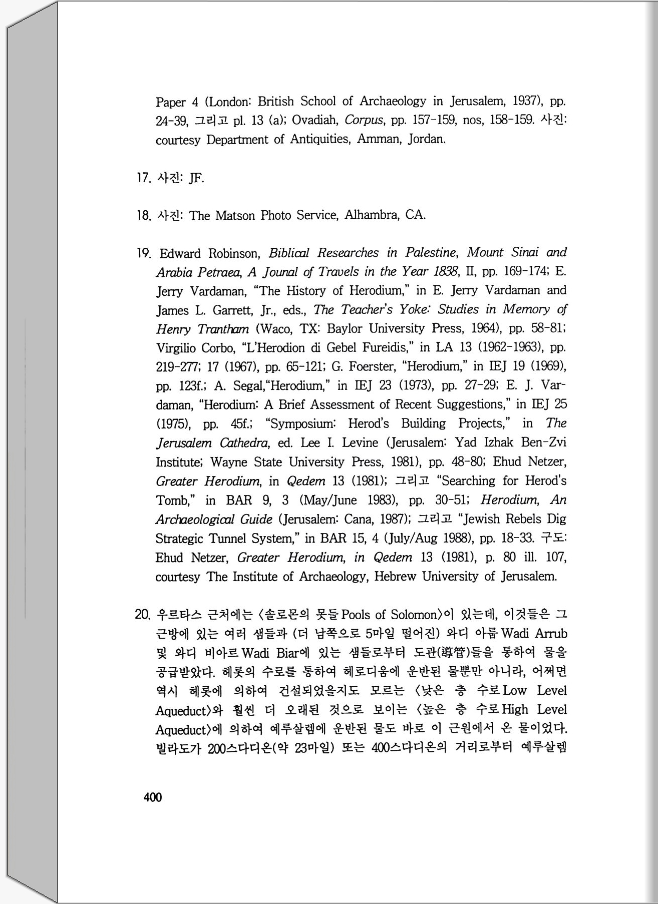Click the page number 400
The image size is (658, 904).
pos(153,797)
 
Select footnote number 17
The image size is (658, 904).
pos(143,178)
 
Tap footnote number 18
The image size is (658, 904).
pos(143,216)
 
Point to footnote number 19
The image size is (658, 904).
pos(144,253)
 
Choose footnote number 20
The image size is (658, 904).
pos(143,615)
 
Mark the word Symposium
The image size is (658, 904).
pos(302,424)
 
